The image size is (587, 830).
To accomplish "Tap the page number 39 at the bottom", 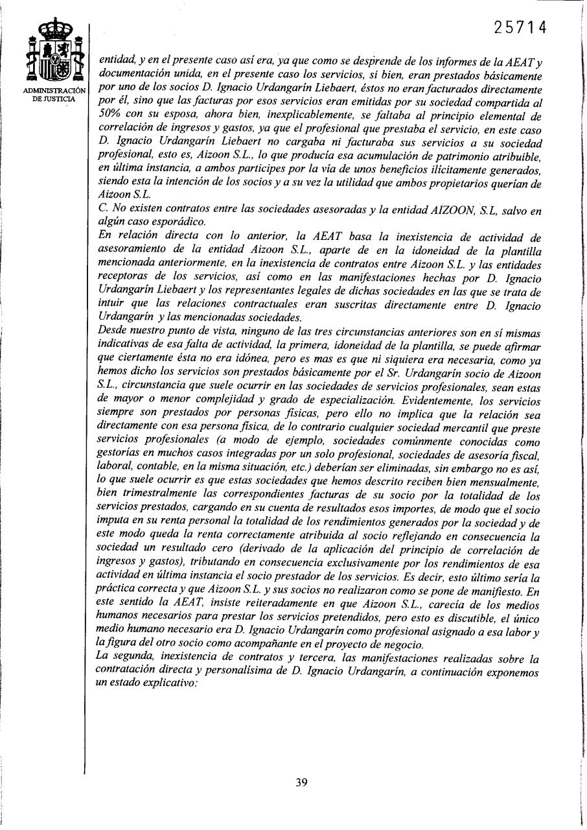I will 301,782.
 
